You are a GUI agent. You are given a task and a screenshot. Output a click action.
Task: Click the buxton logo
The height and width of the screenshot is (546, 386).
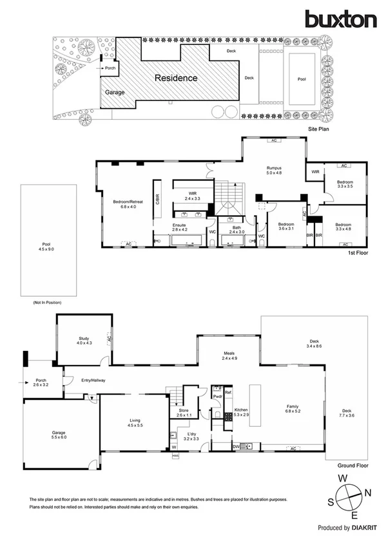pos(342,19)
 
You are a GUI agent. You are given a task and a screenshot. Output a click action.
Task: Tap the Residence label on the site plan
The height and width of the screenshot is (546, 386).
pos(175,78)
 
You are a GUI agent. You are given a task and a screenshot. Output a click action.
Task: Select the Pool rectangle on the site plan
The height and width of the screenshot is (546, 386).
pos(302,80)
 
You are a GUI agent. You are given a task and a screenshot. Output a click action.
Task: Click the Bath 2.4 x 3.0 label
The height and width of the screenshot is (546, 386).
pos(229,229)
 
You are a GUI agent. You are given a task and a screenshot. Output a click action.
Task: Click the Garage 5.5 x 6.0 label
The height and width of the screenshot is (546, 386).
pos(59,435)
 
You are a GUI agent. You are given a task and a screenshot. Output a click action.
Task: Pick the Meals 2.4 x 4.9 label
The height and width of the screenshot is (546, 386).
pos(229,355)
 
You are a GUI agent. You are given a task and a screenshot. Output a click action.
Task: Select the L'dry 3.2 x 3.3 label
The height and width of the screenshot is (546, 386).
pos(192,436)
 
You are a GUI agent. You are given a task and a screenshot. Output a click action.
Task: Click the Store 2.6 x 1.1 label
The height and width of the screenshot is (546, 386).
pos(184,413)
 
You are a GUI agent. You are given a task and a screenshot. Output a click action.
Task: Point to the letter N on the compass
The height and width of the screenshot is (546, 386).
pos(368,493)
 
